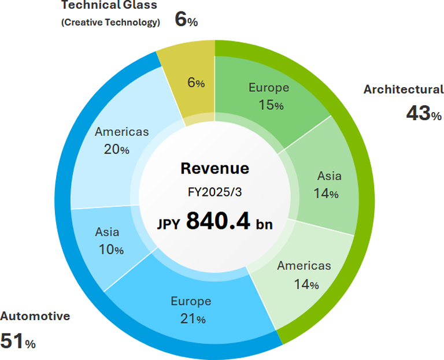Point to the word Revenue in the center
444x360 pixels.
click(214, 168)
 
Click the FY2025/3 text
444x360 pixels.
click(214, 191)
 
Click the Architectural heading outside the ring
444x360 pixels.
click(403, 90)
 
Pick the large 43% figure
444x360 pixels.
click(424, 113)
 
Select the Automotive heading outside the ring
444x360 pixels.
click(35, 316)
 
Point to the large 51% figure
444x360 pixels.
click(18, 341)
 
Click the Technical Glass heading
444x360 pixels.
click(109, 6)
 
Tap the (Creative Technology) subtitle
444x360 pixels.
click(110, 23)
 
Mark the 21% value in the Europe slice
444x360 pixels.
click(191, 318)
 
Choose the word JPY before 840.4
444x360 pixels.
click(168, 223)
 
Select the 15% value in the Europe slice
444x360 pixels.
click(269, 106)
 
